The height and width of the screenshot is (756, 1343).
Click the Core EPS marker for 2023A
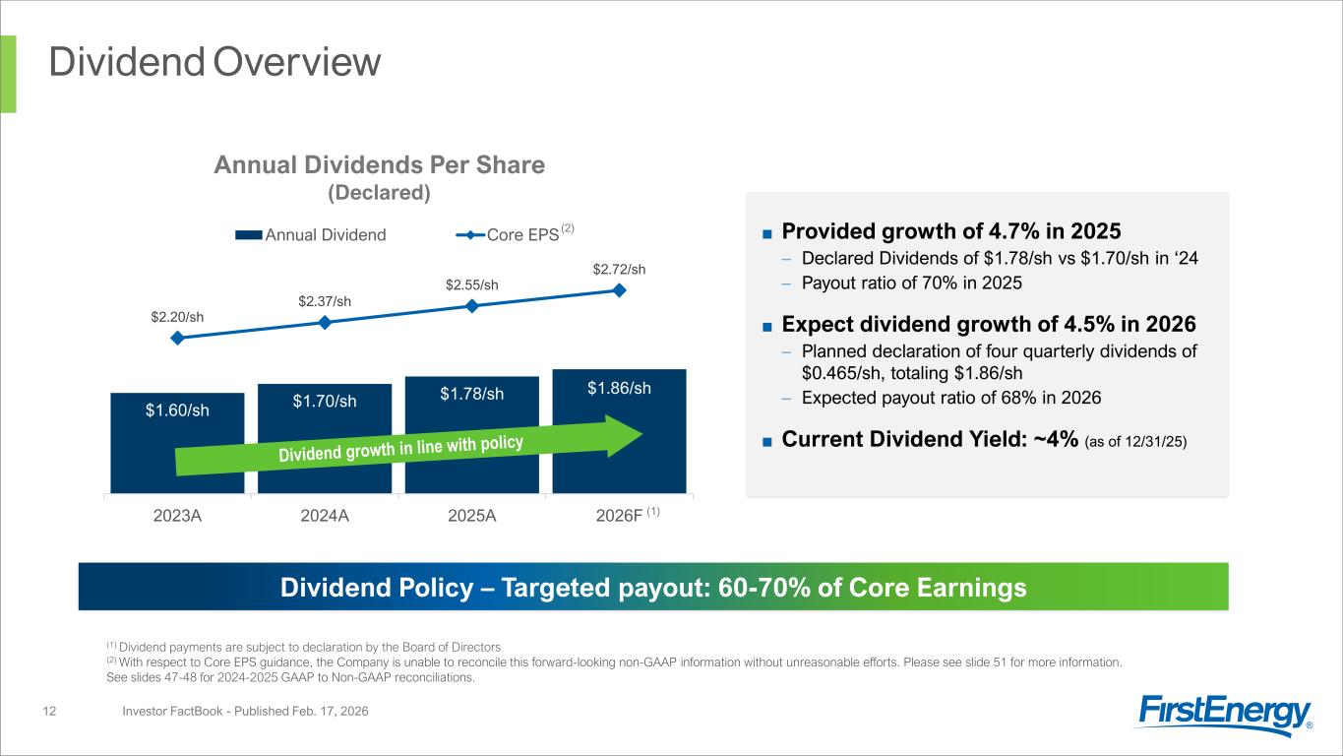click(x=177, y=338)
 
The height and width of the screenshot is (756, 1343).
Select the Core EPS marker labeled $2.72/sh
click(x=620, y=289)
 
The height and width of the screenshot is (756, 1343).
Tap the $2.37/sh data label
click(x=325, y=300)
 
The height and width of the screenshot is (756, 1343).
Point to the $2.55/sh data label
click(x=472, y=285)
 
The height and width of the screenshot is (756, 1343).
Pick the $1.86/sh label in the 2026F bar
click(x=620, y=388)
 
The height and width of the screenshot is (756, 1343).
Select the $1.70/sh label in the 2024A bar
click(x=325, y=401)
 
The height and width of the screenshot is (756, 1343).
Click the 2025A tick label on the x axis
click(x=472, y=518)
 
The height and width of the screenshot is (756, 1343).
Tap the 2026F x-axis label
click(x=620, y=518)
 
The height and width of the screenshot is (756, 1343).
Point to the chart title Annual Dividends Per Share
click(x=380, y=165)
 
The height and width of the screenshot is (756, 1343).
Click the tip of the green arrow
click(x=641, y=435)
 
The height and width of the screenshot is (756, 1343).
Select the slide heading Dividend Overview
click(x=215, y=62)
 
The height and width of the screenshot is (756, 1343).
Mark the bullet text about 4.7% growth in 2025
click(x=950, y=231)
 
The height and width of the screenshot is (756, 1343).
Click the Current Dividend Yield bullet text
click(x=984, y=439)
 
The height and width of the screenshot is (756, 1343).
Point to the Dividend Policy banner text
click(x=653, y=588)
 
